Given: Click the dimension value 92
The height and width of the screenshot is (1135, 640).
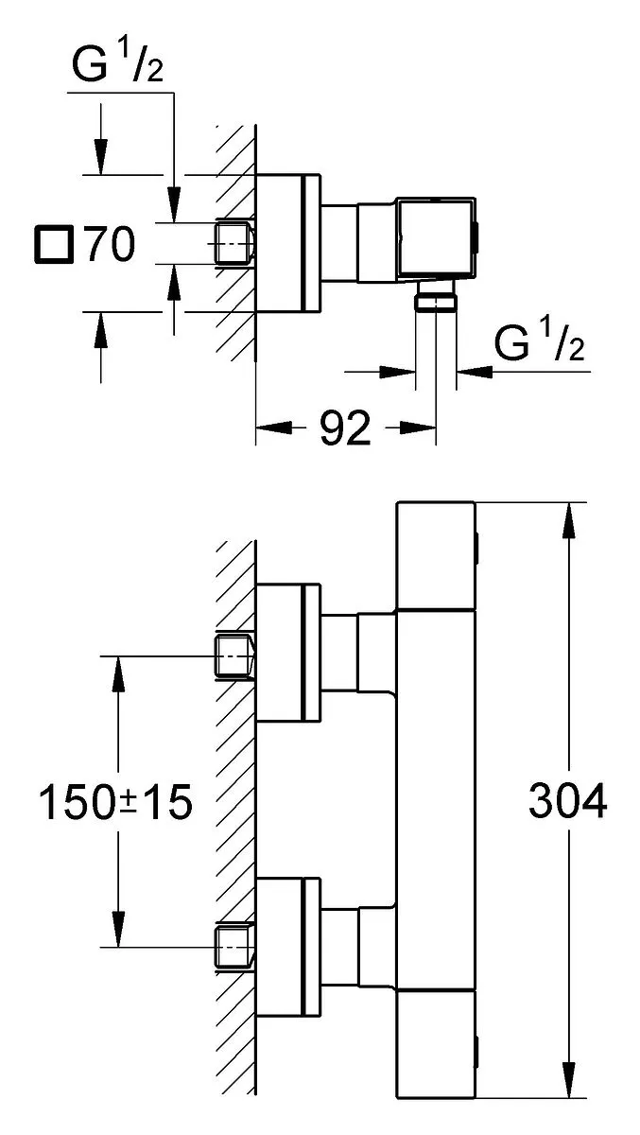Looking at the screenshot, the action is click(x=345, y=428).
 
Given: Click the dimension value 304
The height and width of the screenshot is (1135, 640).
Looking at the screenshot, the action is click(x=567, y=800).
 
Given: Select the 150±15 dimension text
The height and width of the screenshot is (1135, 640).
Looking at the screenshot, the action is click(x=116, y=802).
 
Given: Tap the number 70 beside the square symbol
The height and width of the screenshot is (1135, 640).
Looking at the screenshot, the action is click(x=111, y=244).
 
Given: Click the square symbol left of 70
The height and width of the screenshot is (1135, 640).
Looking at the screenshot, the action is click(x=54, y=245).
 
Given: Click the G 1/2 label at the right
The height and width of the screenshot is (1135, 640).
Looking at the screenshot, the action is click(x=539, y=339).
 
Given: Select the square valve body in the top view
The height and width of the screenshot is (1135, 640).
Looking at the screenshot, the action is click(x=436, y=238).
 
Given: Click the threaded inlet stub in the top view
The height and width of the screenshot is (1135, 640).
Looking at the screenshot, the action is click(x=234, y=244).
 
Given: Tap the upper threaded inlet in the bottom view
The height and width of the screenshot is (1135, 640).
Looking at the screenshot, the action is click(x=234, y=656).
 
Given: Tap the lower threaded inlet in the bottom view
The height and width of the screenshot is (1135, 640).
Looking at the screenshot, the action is click(x=234, y=948).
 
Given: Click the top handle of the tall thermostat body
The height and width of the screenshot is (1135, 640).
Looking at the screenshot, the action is click(x=436, y=556).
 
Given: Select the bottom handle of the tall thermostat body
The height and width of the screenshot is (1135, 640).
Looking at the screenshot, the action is click(x=436, y=1045).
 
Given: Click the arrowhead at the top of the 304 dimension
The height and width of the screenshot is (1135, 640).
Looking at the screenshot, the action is click(x=569, y=520).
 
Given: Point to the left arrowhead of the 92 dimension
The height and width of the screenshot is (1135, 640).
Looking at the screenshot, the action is click(x=274, y=428).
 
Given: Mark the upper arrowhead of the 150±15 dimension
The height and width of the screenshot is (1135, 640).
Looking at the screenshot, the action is click(x=118, y=673).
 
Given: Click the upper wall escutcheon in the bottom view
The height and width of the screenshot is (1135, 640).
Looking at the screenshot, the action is click(x=288, y=652).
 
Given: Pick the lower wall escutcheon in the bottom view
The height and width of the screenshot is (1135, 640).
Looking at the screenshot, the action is click(x=288, y=947).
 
